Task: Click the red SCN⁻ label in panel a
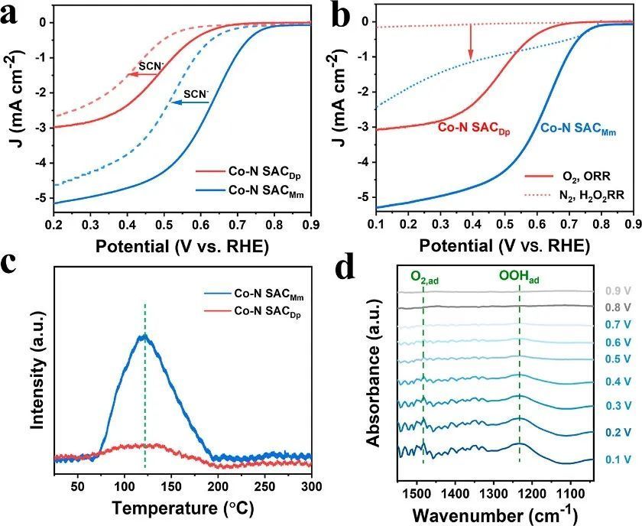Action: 151,65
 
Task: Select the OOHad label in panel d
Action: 519,280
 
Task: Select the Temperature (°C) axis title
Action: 183,507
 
